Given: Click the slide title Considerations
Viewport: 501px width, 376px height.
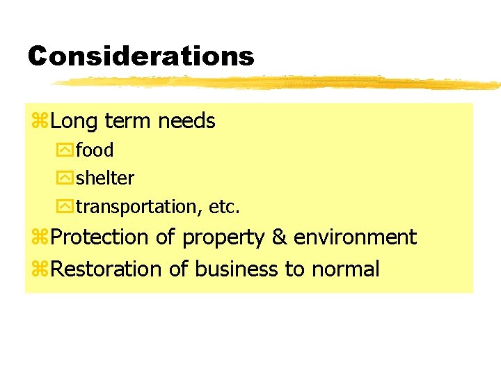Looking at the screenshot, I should (141, 56).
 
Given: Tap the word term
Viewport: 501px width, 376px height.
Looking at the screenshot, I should (128, 122).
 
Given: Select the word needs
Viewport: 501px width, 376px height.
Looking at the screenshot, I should (186, 122).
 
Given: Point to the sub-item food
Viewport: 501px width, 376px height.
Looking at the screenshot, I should (95, 150).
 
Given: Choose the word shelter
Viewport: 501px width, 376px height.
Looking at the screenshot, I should (105, 178).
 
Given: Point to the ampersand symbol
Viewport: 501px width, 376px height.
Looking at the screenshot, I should (279, 237).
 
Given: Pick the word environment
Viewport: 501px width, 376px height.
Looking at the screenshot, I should (355, 237).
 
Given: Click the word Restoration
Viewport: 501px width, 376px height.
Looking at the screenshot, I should (106, 269).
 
